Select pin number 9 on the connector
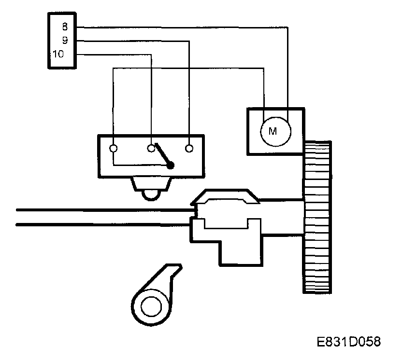pyautogui.click(x=64, y=41)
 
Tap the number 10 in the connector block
pyautogui.click(x=58, y=54)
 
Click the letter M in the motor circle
pyautogui.click(x=273, y=131)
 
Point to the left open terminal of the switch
pyautogui.click(x=114, y=148)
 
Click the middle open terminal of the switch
pyautogui.click(x=151, y=148)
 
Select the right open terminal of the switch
pyautogui.click(x=190, y=148)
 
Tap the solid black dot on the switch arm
pyautogui.click(x=171, y=166)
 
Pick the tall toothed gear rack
pyautogui.click(x=317, y=217)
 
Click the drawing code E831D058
pyautogui.click(x=349, y=342)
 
